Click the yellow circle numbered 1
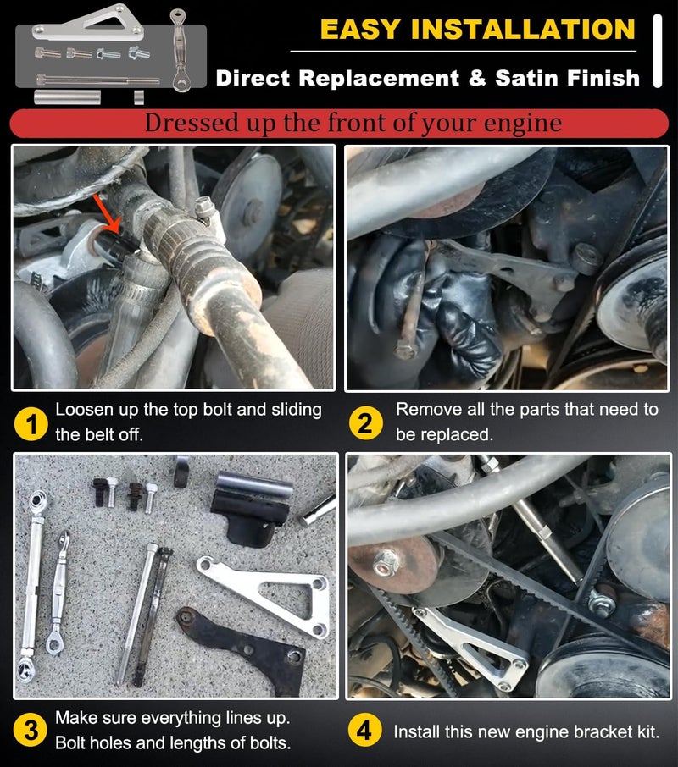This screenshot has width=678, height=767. (x=31, y=423)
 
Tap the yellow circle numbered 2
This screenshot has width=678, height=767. (x=365, y=423)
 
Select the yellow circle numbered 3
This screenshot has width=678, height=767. (x=31, y=731)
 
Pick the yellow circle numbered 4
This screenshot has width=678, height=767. (x=364, y=731)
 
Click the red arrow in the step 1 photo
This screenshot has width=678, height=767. (x=107, y=213)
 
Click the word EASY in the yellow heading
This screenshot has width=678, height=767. (x=360, y=30)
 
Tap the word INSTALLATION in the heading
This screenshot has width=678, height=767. (x=523, y=30)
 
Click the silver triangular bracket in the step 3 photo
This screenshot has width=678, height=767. (x=264, y=593)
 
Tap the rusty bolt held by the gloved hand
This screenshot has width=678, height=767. (x=410, y=313)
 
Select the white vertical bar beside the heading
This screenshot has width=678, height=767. (x=658, y=51)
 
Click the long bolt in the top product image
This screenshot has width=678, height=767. (x=98, y=79)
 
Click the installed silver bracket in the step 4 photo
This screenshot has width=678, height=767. (x=470, y=646)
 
